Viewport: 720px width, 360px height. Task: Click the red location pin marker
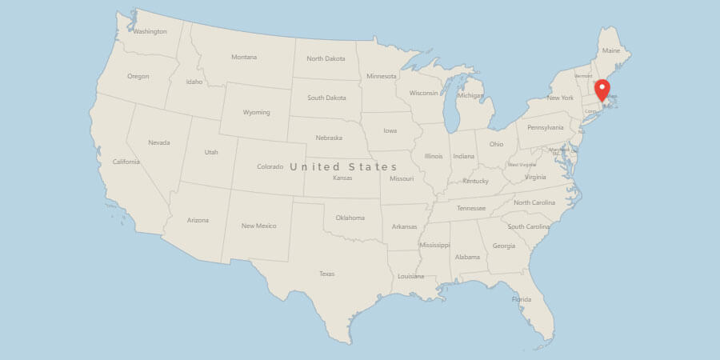tap(602, 90)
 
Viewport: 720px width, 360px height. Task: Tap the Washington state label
tap(150, 32)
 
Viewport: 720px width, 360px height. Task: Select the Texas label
tap(326, 274)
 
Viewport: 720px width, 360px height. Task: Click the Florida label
tap(521, 299)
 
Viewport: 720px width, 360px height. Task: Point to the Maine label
tap(610, 50)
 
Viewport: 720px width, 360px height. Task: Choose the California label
tap(126, 162)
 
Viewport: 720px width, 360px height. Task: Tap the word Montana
tap(244, 57)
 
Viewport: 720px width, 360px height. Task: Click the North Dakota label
tap(326, 58)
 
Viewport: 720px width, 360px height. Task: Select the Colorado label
tap(270, 166)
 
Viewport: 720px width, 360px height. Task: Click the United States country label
tap(343, 166)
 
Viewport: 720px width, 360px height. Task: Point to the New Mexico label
tap(258, 226)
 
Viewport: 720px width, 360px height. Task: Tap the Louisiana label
tap(410, 276)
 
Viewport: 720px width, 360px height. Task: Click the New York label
tap(560, 98)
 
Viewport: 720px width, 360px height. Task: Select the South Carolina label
tap(528, 226)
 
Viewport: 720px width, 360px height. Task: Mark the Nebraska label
tap(328, 137)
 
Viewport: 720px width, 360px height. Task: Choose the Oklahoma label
tap(350, 218)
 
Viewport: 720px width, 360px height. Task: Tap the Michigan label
tap(470, 96)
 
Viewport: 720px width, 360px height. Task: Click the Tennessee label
tap(471, 208)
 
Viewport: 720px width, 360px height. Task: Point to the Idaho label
tap(194, 82)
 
